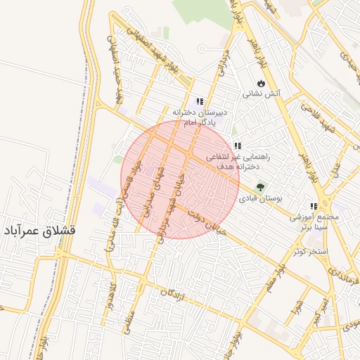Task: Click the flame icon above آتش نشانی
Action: coord(261,82)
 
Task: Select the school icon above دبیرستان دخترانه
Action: coord(200,101)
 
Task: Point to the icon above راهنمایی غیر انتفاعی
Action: coord(238,146)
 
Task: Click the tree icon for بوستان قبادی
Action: coord(261,188)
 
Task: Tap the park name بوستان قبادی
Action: coord(261,199)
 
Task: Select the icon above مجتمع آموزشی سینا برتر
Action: coord(314,207)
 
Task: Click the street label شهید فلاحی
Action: coord(314,112)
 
